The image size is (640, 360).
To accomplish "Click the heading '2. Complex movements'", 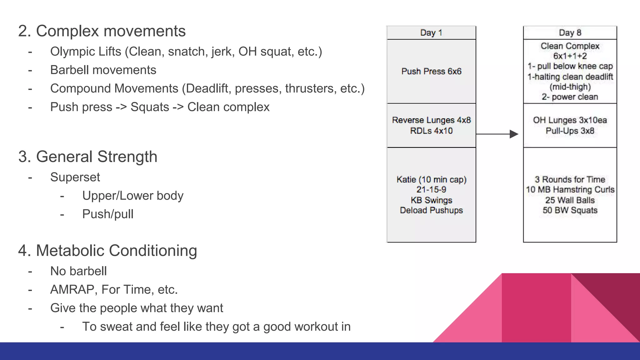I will click(x=102, y=31).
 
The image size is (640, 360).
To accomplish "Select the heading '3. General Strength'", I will click(x=88, y=157).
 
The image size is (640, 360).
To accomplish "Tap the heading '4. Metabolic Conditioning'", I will click(x=107, y=251).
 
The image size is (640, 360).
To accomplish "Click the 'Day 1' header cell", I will click(x=431, y=33).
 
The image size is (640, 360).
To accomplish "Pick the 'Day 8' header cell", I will click(x=570, y=33).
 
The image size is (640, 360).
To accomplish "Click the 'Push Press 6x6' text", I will click(x=431, y=72).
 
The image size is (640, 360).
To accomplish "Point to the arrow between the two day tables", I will click(x=497, y=134).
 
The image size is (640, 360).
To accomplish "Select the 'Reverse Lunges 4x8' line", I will click(x=431, y=120).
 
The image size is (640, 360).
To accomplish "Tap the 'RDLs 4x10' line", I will click(x=431, y=131).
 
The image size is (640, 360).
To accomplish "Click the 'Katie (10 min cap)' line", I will click(x=431, y=180).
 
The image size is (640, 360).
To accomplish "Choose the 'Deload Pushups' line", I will click(x=431, y=210).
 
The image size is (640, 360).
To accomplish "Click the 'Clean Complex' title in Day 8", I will click(x=570, y=46).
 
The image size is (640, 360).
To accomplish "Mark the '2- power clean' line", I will click(x=570, y=97).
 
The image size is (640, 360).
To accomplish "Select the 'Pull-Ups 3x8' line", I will click(x=570, y=131).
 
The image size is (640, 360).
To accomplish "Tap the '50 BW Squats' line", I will click(x=570, y=210).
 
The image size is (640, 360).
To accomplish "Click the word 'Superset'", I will click(x=75, y=177).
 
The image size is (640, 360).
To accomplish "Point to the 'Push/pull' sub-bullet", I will click(x=108, y=214).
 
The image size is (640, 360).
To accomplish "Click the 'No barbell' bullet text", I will click(x=78, y=271).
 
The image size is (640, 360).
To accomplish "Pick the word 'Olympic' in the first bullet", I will click(x=71, y=52).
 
